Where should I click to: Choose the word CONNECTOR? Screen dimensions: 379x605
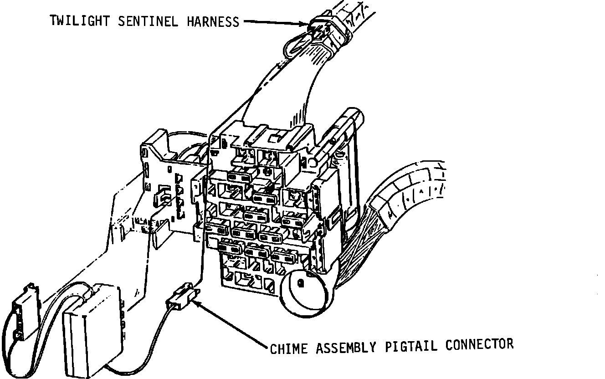[x=479, y=344]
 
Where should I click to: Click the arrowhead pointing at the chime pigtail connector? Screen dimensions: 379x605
[x=200, y=305]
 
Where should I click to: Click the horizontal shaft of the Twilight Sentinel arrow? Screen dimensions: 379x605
[x=273, y=21]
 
